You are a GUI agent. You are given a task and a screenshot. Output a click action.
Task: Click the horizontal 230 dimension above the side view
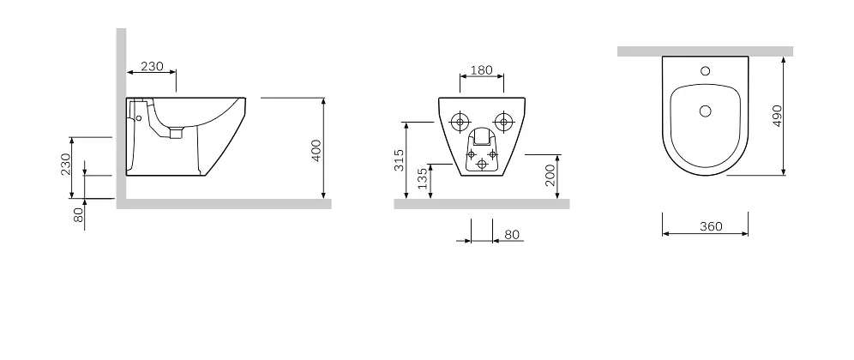(x=152, y=67)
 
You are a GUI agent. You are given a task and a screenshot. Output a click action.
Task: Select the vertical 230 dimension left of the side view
(x=66, y=164)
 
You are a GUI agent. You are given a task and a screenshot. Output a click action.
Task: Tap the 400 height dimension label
(x=316, y=150)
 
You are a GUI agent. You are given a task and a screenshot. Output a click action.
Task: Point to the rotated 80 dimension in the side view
(x=80, y=215)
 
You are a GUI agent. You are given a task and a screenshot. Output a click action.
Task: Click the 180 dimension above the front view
(x=482, y=70)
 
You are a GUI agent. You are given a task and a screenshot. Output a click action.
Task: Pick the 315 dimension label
(x=400, y=160)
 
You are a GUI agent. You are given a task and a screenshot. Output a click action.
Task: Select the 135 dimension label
(x=423, y=178)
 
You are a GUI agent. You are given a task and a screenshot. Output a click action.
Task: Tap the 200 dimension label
(x=550, y=176)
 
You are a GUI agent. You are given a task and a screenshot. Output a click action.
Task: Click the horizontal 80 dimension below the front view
(x=512, y=235)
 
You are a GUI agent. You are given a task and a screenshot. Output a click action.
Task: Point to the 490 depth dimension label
(x=777, y=116)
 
